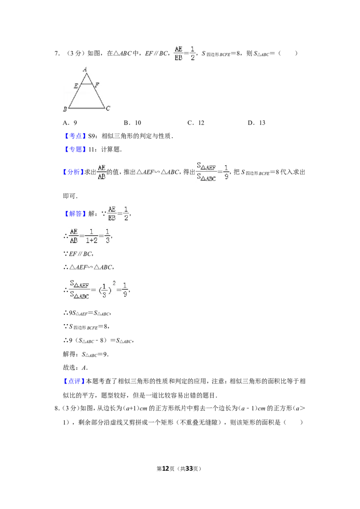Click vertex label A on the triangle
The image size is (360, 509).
85,69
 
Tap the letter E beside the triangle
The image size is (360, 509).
76,85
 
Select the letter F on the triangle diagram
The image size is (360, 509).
97,84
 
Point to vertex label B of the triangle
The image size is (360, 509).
65,109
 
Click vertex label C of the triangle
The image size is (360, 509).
108,108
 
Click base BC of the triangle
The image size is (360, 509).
87,108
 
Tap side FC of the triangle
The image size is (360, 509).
100,97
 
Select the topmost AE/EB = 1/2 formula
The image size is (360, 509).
185,53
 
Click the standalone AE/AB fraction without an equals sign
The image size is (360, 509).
101,172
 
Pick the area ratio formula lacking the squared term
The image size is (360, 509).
212,171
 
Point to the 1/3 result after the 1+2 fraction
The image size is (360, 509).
108,236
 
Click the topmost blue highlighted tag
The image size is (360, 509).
75,135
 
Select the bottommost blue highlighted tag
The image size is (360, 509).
74,381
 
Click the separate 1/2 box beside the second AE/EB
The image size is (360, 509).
126,214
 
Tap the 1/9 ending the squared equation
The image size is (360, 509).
126,290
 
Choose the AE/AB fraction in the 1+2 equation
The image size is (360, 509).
73,236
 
